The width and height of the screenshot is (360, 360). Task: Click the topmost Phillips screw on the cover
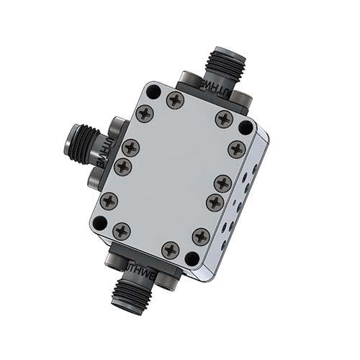coord(175,100)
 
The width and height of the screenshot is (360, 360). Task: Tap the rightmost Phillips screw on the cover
coord(237,149)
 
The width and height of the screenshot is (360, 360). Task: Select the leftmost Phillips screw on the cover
coord(109,201)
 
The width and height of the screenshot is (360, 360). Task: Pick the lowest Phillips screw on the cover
coord(171,250)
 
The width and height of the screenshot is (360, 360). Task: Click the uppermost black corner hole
coord(153,91)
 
